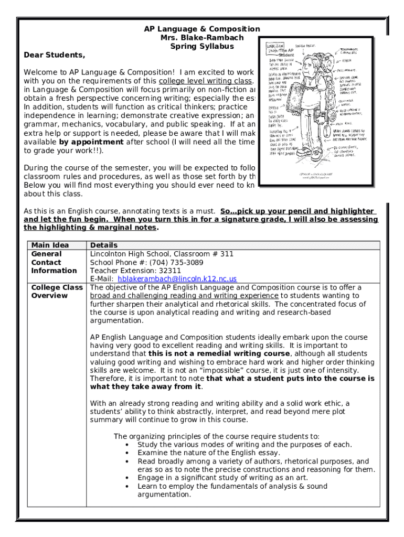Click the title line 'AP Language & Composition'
(202, 29)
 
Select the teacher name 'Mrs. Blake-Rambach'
(202, 38)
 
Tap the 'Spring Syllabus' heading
(202, 46)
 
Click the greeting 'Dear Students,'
(54, 55)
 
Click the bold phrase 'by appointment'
(91, 142)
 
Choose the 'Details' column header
(104, 245)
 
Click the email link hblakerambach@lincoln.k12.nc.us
(177, 279)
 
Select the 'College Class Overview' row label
(57, 292)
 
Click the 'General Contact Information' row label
(54, 262)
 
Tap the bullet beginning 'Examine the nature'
(209, 453)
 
